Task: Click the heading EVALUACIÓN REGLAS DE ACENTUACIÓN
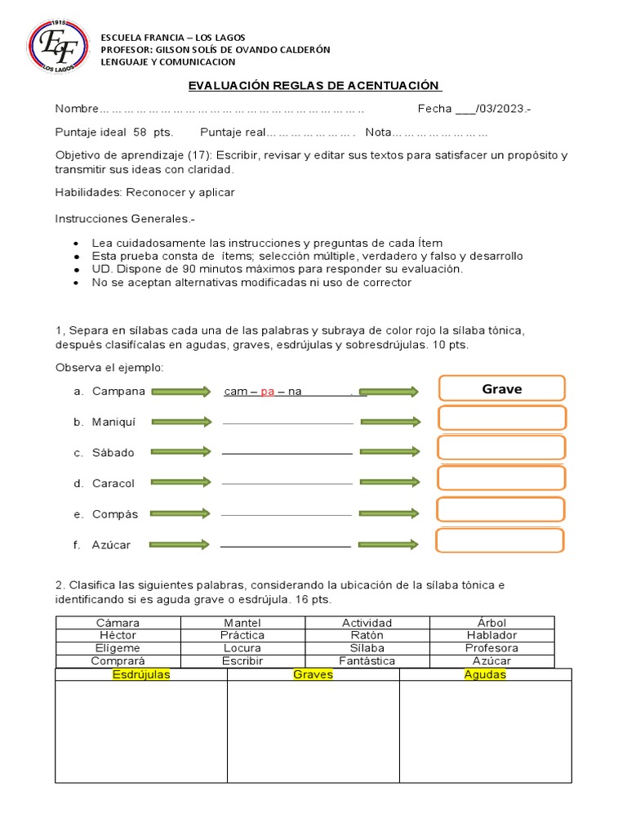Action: (x=314, y=86)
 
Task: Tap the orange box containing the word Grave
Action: (x=501, y=390)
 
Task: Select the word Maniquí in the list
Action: (x=113, y=422)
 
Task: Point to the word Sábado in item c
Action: (x=113, y=452)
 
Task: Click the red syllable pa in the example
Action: (x=268, y=392)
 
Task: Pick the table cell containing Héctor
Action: (x=118, y=635)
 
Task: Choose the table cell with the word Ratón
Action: (x=367, y=635)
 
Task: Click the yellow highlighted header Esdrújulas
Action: (x=140, y=675)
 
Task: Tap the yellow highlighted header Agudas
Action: (x=485, y=675)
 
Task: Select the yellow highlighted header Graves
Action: (x=313, y=675)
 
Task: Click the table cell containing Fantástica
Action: (x=367, y=660)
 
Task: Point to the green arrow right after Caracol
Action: (x=180, y=483)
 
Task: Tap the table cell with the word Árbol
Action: (x=491, y=623)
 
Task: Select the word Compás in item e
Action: (x=115, y=514)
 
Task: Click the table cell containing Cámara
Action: (x=118, y=623)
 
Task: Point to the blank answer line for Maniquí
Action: (x=287, y=423)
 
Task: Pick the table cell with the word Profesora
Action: (x=491, y=648)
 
